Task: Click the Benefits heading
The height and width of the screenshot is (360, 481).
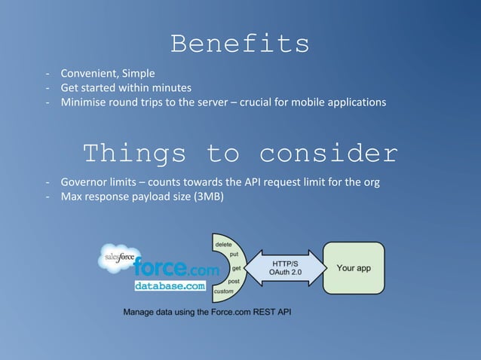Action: [x=240, y=44]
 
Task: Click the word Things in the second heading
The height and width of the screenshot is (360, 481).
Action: [x=134, y=154]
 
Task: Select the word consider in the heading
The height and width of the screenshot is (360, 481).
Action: [x=328, y=154]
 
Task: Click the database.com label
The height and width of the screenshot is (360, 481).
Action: [x=170, y=286]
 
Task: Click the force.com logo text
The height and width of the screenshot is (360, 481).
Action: [x=176, y=268]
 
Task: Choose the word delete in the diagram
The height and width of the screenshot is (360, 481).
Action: [x=224, y=245]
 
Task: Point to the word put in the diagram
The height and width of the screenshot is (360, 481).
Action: [x=234, y=255]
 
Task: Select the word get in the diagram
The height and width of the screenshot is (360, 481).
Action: [x=236, y=268]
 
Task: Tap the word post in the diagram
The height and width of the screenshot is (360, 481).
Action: [x=234, y=281]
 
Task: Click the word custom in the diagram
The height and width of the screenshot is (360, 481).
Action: [x=224, y=291]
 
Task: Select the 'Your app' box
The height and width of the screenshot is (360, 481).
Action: [x=353, y=268]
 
